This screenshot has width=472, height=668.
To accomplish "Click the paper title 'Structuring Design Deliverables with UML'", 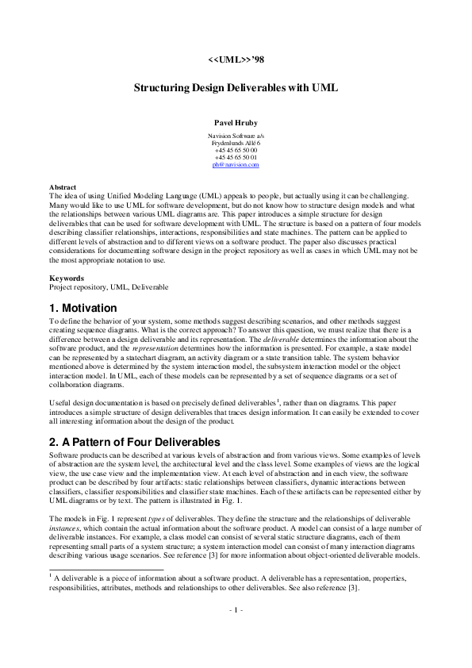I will click(236, 89).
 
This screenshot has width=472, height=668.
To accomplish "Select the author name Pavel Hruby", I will click(236, 124).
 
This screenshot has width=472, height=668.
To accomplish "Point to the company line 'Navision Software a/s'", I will click(236, 136).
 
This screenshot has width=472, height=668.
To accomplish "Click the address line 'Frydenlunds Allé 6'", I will click(236, 143).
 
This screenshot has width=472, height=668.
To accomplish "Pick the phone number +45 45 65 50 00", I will click(236, 150).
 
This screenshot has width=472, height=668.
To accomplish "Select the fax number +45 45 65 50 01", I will click(236, 157).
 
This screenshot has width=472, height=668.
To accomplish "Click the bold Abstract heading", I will click(63, 187).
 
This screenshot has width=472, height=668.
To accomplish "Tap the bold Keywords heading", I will click(67, 278).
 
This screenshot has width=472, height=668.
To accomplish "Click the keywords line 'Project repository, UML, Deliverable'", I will click(109, 286).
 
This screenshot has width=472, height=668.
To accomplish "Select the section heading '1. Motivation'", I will click(83, 308).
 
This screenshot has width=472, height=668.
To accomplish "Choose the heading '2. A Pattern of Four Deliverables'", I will click(139, 442).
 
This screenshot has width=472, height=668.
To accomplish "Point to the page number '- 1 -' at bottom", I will click(236, 632).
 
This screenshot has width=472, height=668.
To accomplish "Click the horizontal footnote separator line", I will click(106, 591).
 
